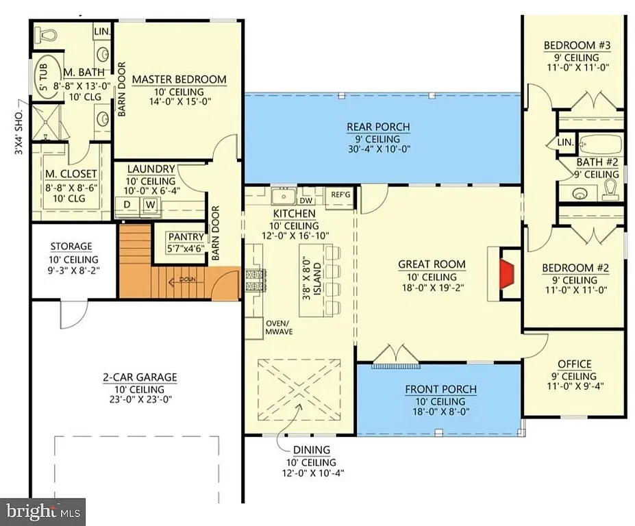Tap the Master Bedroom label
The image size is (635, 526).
(x=179, y=79)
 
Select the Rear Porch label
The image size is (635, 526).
(x=378, y=127)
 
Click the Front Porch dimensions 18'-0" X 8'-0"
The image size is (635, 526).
(x=440, y=413)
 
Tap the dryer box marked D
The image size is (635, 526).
(x=127, y=203)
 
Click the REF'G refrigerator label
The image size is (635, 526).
(x=340, y=195)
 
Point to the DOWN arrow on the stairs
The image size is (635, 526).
(x=185, y=279)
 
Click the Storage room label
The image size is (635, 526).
(x=71, y=247)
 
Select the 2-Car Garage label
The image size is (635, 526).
(x=140, y=377)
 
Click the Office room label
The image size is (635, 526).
(x=574, y=364)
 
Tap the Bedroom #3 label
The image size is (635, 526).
(x=577, y=46)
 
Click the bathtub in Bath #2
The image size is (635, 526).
(x=600, y=145)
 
